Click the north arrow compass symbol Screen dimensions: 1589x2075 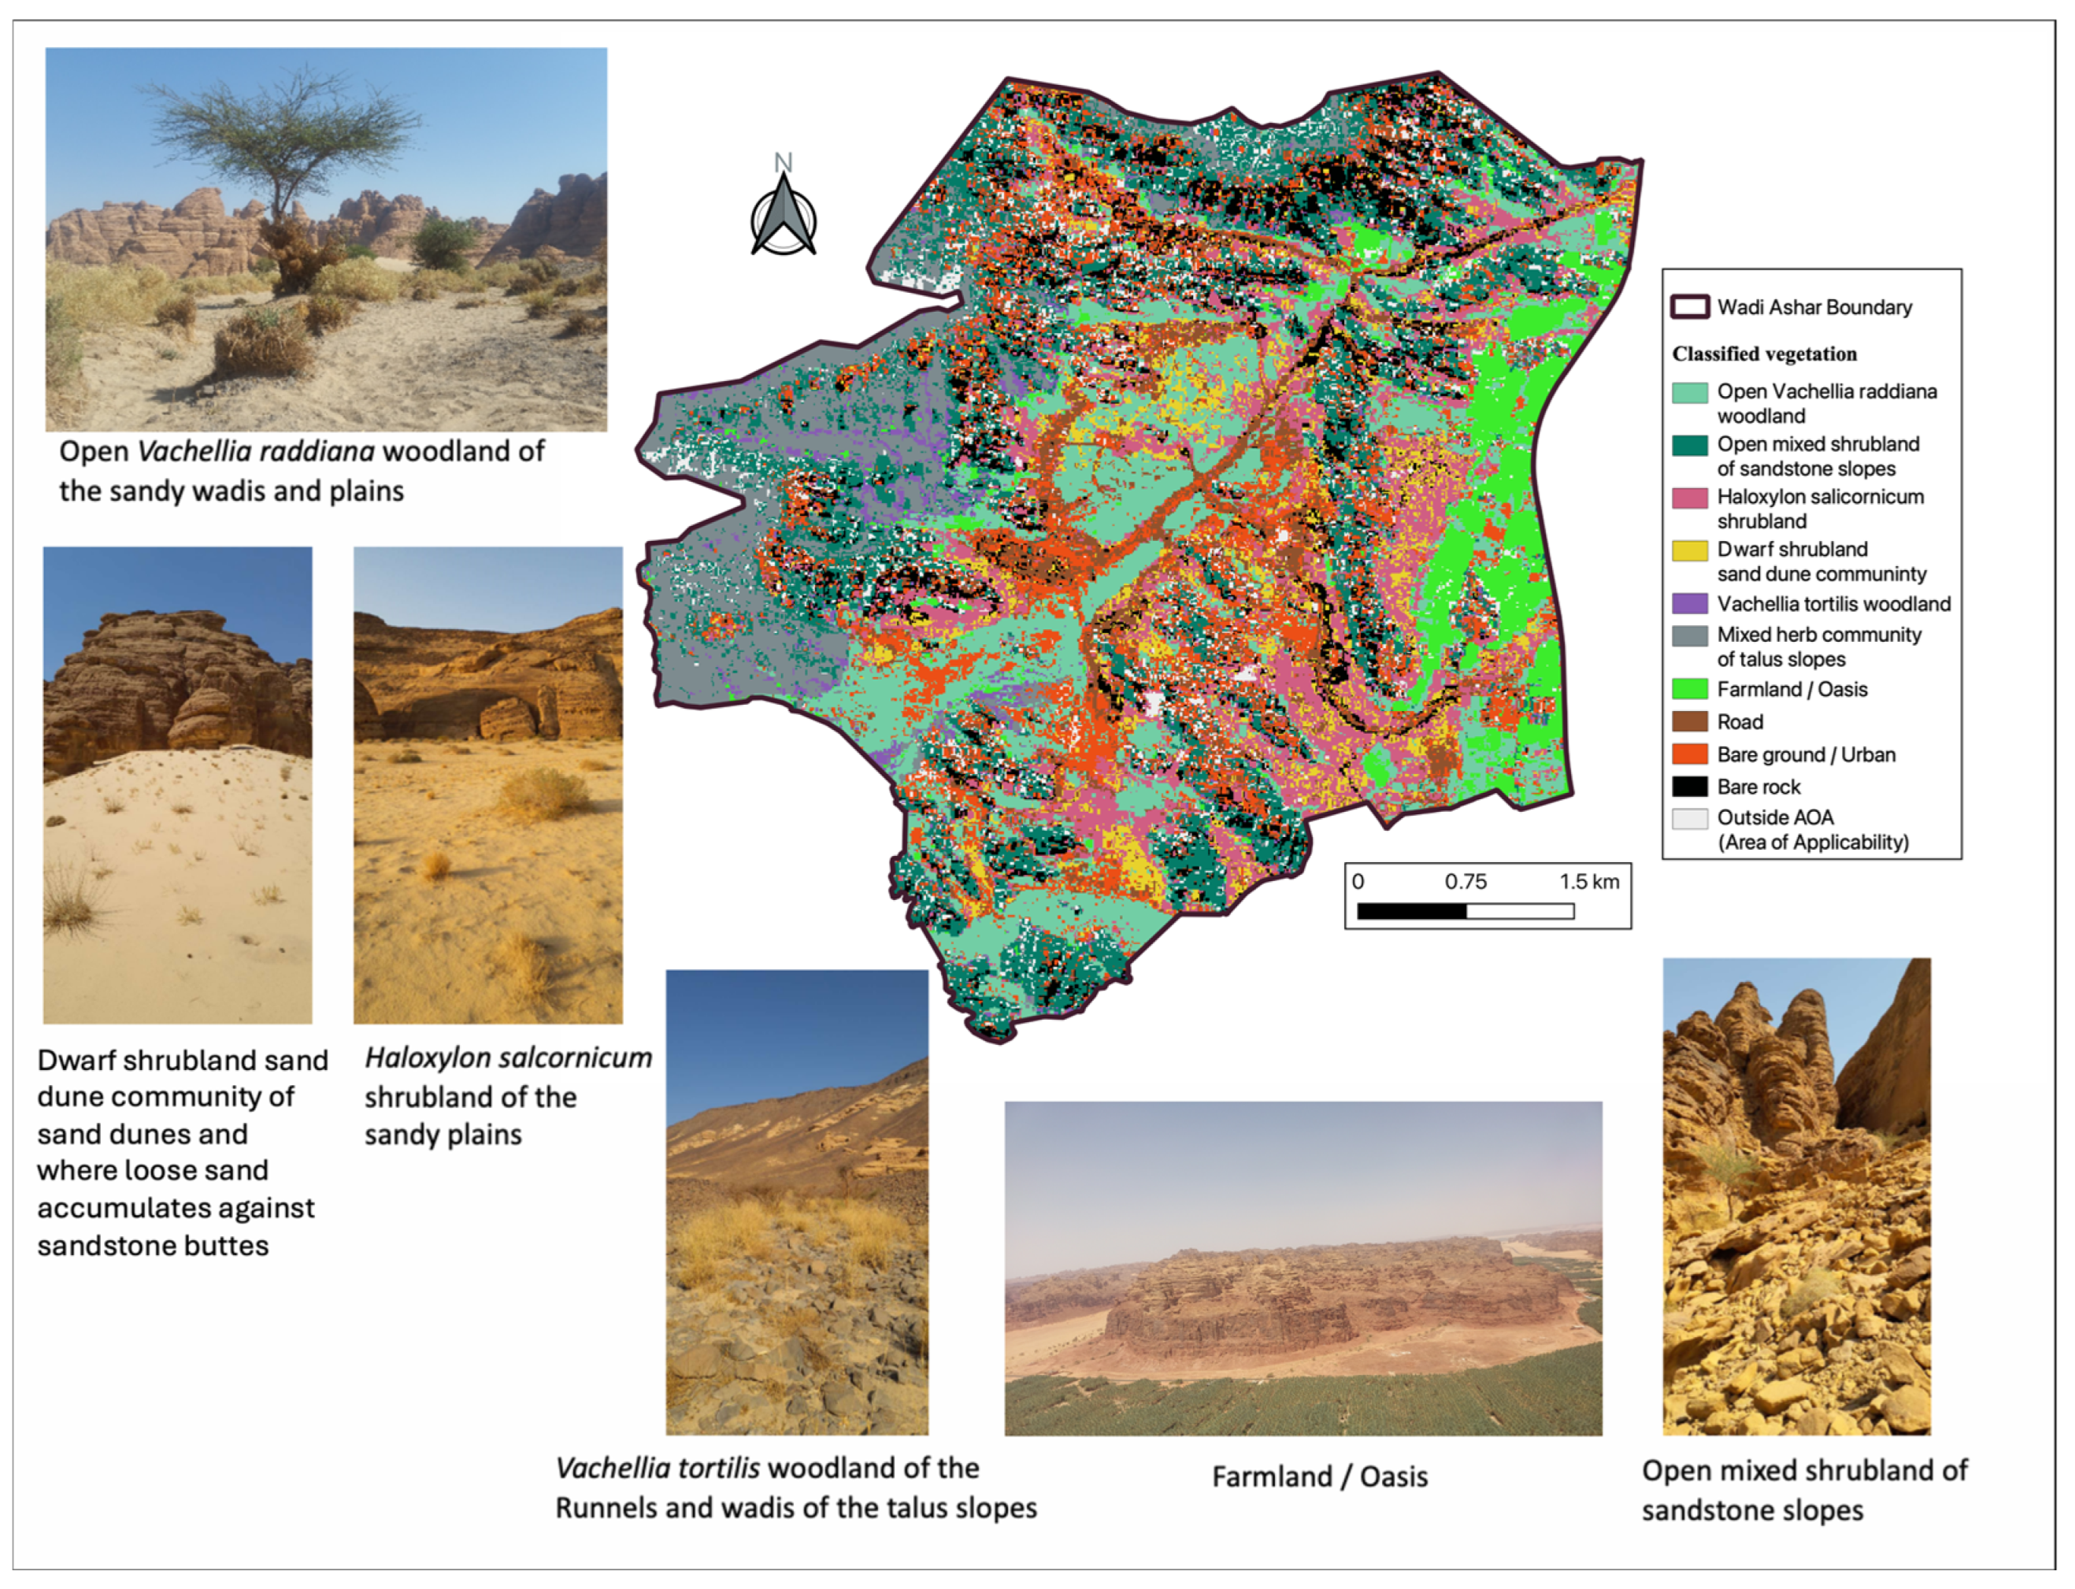click(x=783, y=220)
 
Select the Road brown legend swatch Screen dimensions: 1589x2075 click(x=1689, y=722)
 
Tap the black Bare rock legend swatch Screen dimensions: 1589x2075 click(x=1689, y=786)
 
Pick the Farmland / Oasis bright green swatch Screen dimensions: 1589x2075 click(x=1689, y=688)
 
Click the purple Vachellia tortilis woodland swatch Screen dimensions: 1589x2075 click(x=1689, y=603)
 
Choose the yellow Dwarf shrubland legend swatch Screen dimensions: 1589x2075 click(x=1689, y=550)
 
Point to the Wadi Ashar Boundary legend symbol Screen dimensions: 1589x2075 click(x=1689, y=306)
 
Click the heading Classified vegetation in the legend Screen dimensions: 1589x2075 click(x=1764, y=354)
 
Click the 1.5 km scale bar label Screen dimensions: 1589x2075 click(x=1589, y=882)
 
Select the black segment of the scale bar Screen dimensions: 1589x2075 click(x=1411, y=911)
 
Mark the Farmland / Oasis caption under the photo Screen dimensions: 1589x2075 click(x=1319, y=1476)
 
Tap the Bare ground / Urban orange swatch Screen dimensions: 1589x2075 click(x=1689, y=754)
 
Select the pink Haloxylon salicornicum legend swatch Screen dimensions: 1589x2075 click(x=1689, y=498)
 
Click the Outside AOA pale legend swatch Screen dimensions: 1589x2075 click(x=1689, y=818)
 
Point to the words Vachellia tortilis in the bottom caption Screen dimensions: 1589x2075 click(x=658, y=1468)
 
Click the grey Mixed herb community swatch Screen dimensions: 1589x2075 click(x=1689, y=635)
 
